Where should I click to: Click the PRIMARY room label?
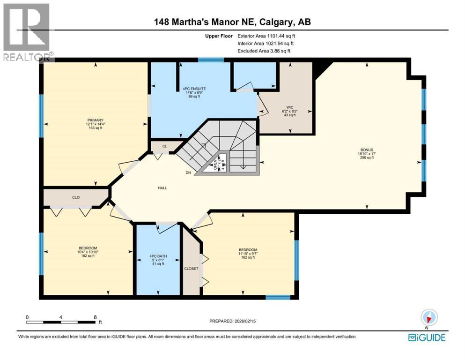[95, 120]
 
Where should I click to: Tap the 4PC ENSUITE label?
[194, 88]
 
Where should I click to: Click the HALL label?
[162, 188]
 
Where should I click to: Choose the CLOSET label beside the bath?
[192, 269]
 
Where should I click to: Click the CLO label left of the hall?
[76, 197]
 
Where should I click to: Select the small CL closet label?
[164, 146]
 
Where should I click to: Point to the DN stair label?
[188, 173]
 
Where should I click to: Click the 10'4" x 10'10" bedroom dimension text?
[88, 252]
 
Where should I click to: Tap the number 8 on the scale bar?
[96, 317]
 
